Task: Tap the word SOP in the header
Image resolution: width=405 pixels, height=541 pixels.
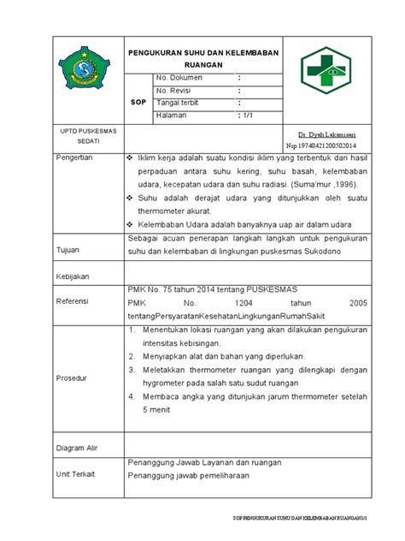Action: click(x=138, y=102)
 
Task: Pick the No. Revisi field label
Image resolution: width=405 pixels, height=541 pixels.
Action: click(x=174, y=90)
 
